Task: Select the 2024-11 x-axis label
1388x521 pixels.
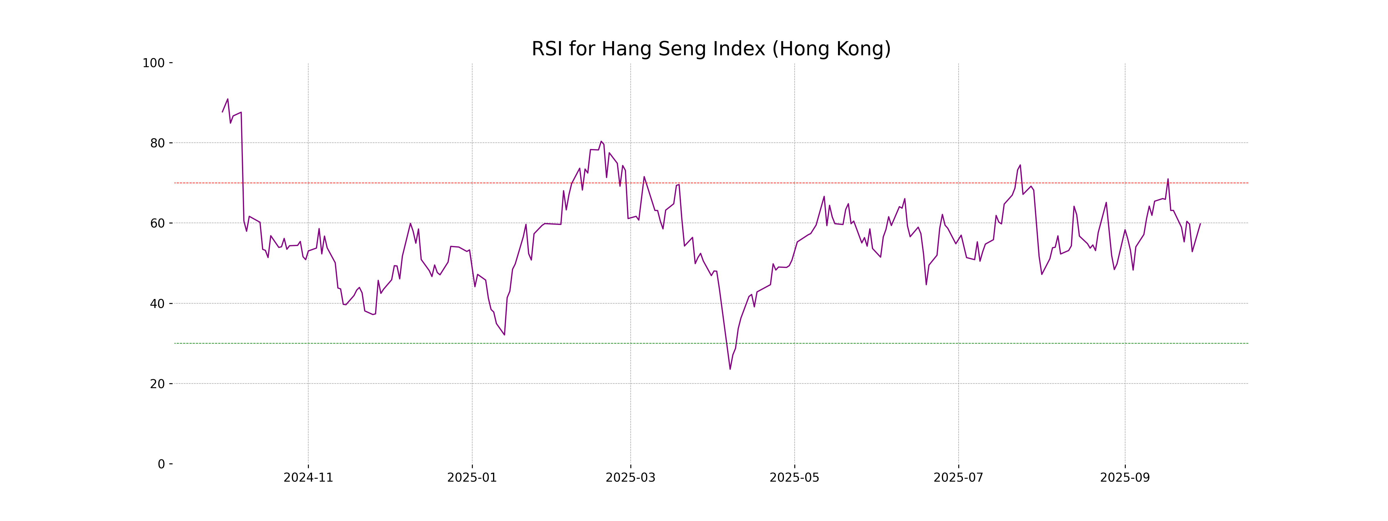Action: [x=308, y=478]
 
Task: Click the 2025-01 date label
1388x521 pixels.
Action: [x=472, y=478]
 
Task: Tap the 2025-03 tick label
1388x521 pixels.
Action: [x=630, y=478]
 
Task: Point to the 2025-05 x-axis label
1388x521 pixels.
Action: [x=794, y=478]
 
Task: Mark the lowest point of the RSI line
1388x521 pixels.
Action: [x=730, y=369]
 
